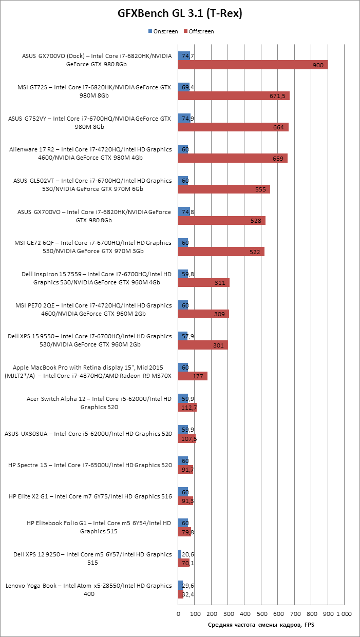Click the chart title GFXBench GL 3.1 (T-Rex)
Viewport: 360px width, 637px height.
point(180,14)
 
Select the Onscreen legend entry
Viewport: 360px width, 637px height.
point(163,31)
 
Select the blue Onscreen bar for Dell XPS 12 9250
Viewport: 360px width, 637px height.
point(180,554)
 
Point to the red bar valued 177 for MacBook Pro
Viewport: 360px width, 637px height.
point(193,376)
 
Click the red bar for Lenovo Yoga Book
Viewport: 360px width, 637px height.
point(181,594)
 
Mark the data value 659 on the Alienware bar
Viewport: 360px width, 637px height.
point(278,159)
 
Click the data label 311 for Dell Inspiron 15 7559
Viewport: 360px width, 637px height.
point(219,283)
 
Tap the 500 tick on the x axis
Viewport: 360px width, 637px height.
point(261,614)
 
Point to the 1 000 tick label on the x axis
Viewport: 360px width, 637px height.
point(344,614)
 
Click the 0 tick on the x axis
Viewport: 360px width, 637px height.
point(178,614)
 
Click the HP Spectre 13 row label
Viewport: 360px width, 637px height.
point(90,465)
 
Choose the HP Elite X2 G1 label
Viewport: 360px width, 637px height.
point(90,496)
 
